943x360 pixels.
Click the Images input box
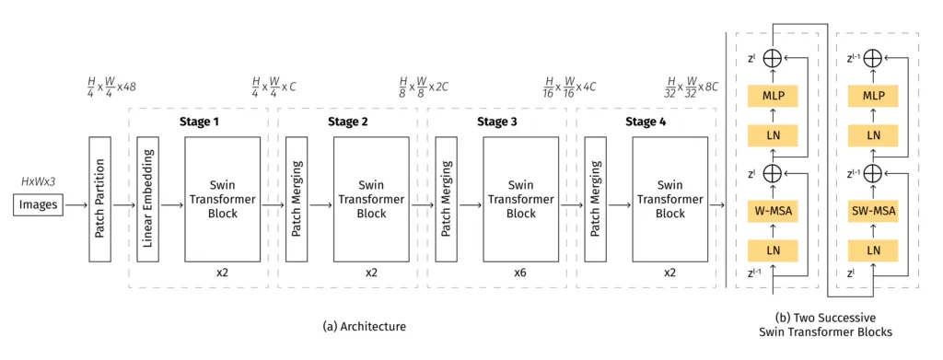click(x=38, y=204)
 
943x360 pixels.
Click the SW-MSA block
click(x=873, y=212)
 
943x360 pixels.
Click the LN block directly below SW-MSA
click(x=873, y=249)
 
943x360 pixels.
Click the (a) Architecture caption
click(x=365, y=326)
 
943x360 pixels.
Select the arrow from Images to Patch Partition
click(x=76, y=204)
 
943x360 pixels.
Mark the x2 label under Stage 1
click(x=222, y=273)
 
